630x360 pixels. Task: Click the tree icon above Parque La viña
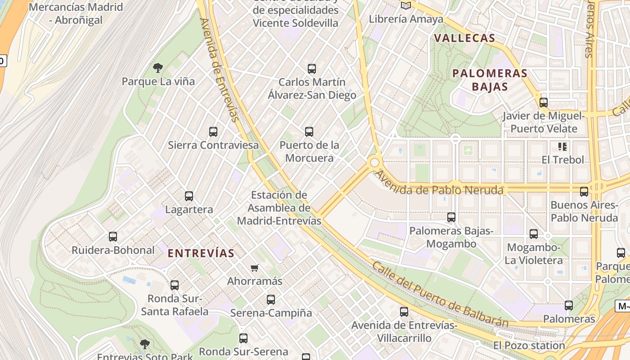157,68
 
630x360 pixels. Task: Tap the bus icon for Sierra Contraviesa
213,132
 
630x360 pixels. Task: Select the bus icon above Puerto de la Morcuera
309,132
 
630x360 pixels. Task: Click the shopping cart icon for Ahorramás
255,268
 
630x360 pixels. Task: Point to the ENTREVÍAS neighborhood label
201,253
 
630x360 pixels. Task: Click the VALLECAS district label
465,38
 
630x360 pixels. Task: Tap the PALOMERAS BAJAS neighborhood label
490,80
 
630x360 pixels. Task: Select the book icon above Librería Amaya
406,6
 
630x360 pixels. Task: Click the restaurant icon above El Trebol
562,147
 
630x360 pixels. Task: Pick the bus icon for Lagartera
189,196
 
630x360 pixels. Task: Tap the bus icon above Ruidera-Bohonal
113,237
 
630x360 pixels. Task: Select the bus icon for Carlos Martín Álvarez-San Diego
312,69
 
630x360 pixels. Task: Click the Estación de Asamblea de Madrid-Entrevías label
279,208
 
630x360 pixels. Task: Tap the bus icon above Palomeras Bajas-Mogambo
451,218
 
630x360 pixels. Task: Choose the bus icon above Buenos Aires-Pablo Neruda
584,192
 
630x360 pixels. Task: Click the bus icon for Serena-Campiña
271,300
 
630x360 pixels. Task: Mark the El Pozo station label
529,346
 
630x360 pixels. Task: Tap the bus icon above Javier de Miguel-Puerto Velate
544,103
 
